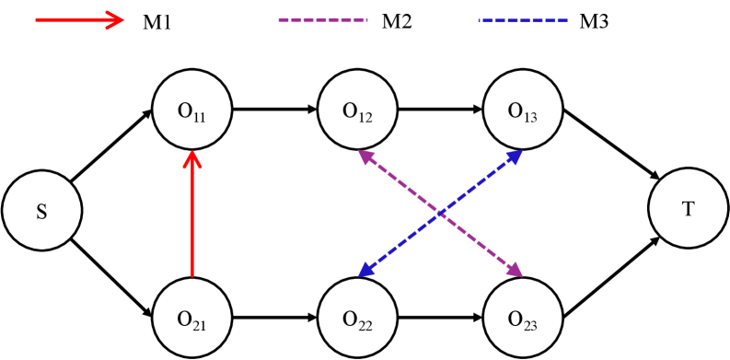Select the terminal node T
[688, 209]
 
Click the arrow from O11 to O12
[274, 110]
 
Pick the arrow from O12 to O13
[439, 110]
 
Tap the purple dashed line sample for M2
[323, 19]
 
